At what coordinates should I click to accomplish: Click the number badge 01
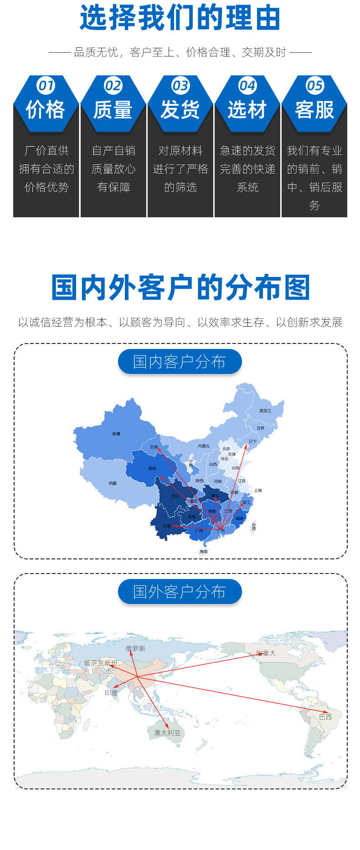coord(46,86)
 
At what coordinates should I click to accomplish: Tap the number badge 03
coord(180,86)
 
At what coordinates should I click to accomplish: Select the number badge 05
coord(314,86)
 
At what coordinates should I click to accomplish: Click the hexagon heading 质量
coord(113,110)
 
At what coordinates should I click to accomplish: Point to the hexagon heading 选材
coord(247,110)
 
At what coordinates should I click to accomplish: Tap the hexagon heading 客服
coord(314,110)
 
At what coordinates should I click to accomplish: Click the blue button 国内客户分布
coord(180,362)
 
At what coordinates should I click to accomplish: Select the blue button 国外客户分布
coord(180,592)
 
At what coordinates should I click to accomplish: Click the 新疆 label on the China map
coord(116,434)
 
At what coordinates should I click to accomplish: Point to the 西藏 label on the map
coord(113,483)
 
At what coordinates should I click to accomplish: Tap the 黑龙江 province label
coord(265,411)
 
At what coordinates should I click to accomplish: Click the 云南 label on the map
coord(166,526)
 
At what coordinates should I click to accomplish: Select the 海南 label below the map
coord(203,552)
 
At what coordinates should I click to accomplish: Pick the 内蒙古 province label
coord(204,446)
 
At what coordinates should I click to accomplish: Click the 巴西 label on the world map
coord(325,717)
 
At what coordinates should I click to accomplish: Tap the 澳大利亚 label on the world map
coord(167,733)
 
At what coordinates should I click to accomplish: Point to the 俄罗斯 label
coord(135,649)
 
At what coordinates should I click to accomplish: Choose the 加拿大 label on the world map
coord(266,653)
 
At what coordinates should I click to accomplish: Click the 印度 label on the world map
coord(111,693)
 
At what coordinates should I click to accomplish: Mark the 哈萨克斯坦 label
coord(101,663)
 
